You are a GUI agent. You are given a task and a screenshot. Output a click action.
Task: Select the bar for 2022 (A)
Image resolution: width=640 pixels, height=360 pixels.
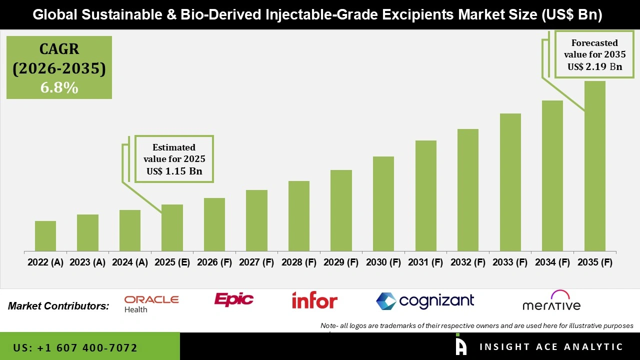coord(45,236)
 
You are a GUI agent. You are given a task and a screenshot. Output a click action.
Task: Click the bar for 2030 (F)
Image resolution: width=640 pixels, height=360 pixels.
coord(383,203)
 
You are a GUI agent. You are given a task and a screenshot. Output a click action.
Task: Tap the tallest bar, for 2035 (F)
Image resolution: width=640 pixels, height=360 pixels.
coord(595,166)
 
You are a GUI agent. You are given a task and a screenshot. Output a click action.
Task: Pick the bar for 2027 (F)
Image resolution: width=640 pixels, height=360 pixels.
coord(256,220)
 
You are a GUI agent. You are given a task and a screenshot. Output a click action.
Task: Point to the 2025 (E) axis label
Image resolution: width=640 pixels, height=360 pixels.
coord(172,262)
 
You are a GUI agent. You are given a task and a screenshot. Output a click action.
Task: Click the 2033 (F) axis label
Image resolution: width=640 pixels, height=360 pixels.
coord(510,262)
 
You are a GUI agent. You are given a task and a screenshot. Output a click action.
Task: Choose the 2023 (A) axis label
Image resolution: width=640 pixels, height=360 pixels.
coord(87,262)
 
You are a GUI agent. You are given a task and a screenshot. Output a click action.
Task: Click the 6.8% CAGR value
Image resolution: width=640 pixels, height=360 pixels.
coord(59,87)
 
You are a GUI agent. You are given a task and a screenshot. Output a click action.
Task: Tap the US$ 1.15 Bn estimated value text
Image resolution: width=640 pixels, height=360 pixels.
coord(174,171)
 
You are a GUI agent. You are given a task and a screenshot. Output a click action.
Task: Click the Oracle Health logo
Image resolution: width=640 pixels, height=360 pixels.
coord(151,303)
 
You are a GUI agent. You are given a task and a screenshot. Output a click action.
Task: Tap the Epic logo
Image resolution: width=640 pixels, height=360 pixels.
coord(233,299)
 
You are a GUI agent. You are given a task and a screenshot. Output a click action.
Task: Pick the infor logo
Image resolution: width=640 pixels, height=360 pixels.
coord(314,300)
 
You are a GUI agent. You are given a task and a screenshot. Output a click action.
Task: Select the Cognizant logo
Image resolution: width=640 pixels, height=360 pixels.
coord(425,301)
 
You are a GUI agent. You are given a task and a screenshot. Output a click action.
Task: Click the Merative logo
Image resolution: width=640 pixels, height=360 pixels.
coord(551,301)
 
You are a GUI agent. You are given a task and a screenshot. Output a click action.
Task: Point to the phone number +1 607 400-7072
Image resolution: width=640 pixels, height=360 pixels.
coord(75,347)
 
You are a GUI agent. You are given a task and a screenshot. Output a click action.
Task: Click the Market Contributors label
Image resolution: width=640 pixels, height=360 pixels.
coord(58,305)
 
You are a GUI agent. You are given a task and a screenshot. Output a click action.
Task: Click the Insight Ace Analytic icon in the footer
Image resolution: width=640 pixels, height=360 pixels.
coord(461,346)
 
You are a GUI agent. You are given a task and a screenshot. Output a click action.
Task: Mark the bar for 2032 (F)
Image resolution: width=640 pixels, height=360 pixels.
coord(468,190)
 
